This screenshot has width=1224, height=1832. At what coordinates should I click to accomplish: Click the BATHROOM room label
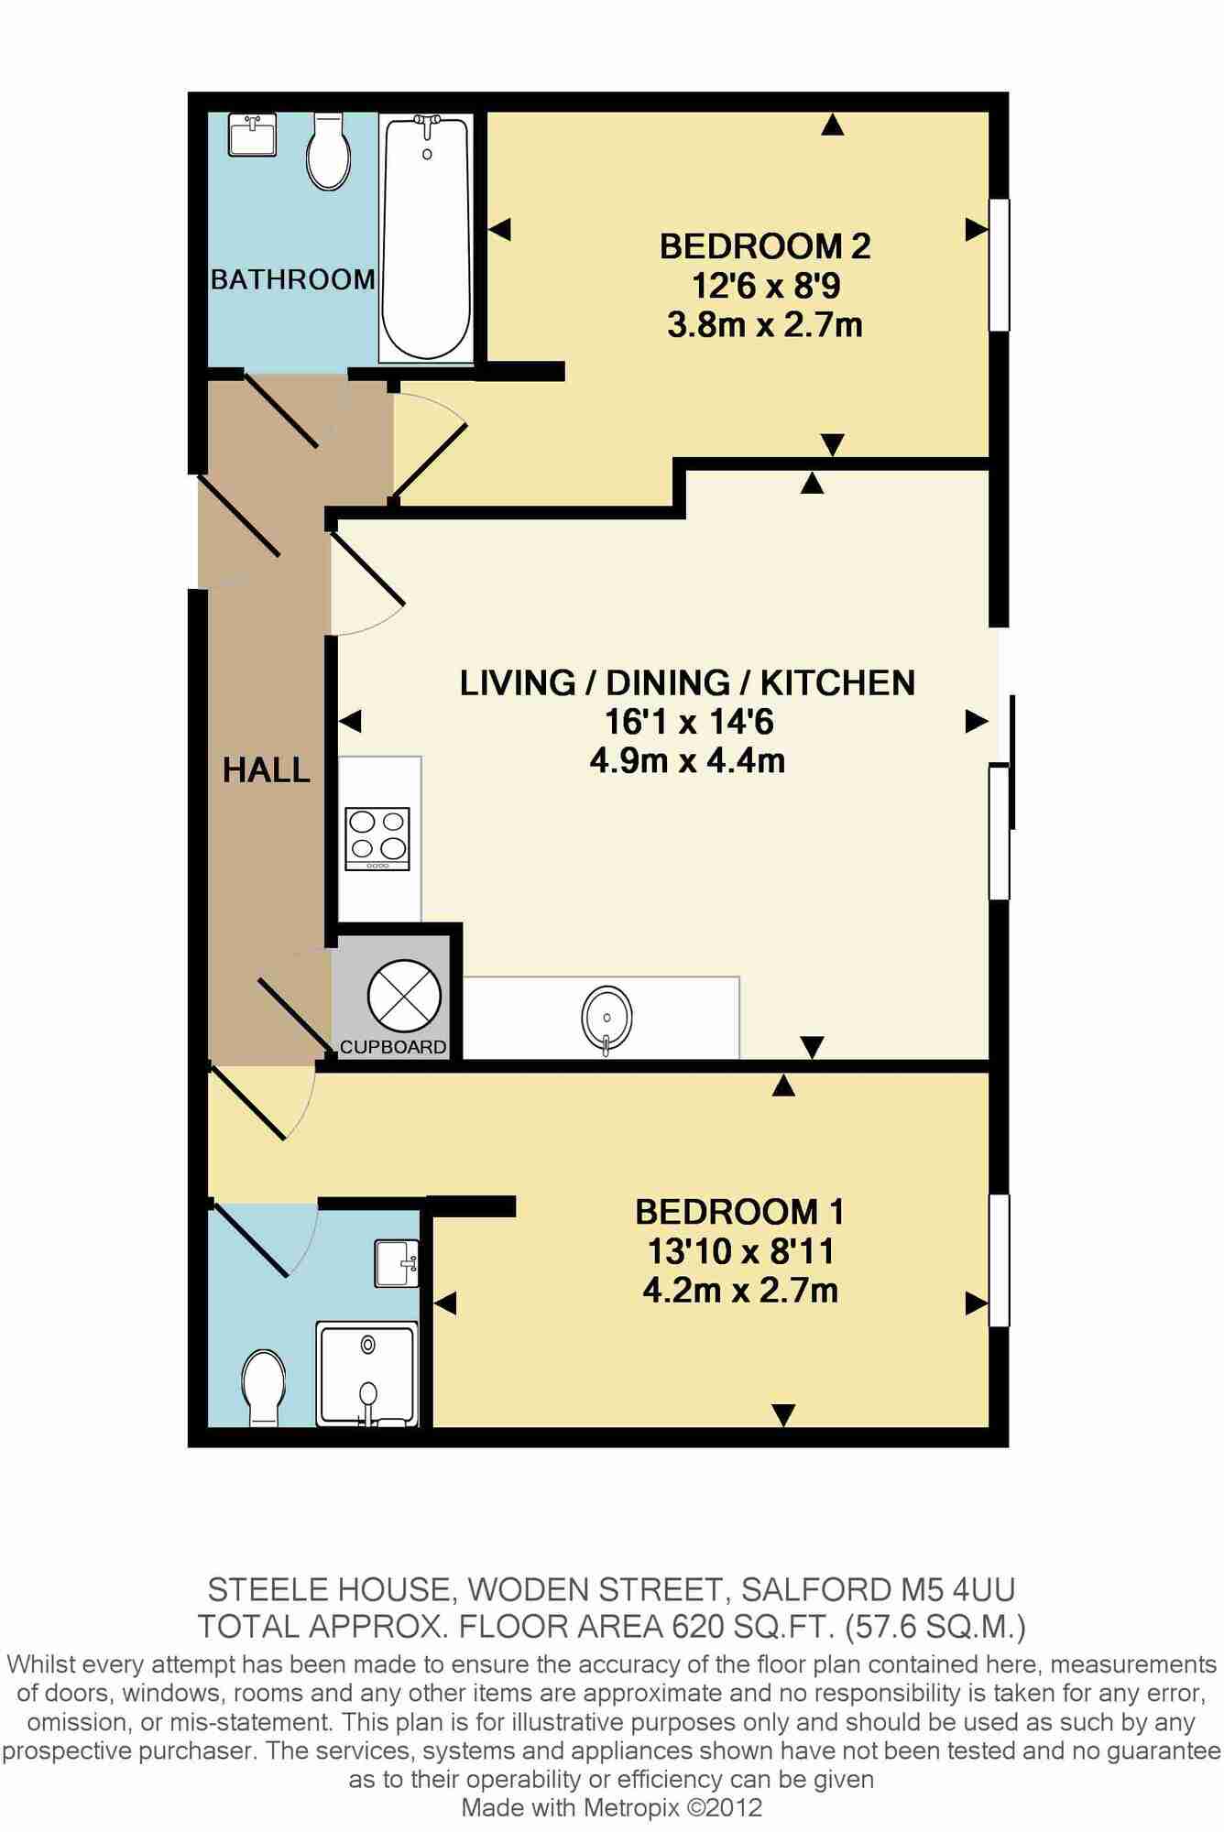click(x=293, y=279)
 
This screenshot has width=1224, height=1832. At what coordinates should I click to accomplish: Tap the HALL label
click(x=267, y=770)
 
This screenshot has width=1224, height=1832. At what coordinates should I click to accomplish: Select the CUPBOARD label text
click(x=393, y=1047)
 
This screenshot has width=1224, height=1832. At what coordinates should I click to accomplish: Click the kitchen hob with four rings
click(x=377, y=838)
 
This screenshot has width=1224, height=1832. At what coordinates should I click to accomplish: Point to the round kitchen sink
click(x=607, y=1019)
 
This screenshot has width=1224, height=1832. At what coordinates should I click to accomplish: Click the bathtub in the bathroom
click(x=426, y=238)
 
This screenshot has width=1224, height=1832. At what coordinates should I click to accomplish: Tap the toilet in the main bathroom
click(x=328, y=151)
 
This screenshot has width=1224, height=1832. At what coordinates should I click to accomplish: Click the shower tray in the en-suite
click(x=367, y=1374)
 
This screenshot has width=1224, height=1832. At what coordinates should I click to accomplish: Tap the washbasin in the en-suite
click(x=397, y=1263)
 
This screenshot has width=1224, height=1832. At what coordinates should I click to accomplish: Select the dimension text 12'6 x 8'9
click(x=766, y=286)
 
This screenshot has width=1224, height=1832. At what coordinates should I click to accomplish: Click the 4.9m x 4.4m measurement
click(x=687, y=761)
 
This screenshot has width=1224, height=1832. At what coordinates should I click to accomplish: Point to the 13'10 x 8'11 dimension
click(x=741, y=1251)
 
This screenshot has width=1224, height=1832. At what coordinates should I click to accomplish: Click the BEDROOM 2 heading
click(x=765, y=246)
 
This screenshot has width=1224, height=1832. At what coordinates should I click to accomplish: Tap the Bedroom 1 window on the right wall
click(x=1000, y=1259)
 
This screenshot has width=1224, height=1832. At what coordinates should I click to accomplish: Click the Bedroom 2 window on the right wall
click(x=1000, y=265)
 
